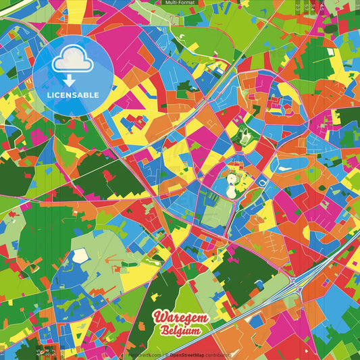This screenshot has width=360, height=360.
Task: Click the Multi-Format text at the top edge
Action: point(180,3)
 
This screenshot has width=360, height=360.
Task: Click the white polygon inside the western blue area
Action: point(80,256)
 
